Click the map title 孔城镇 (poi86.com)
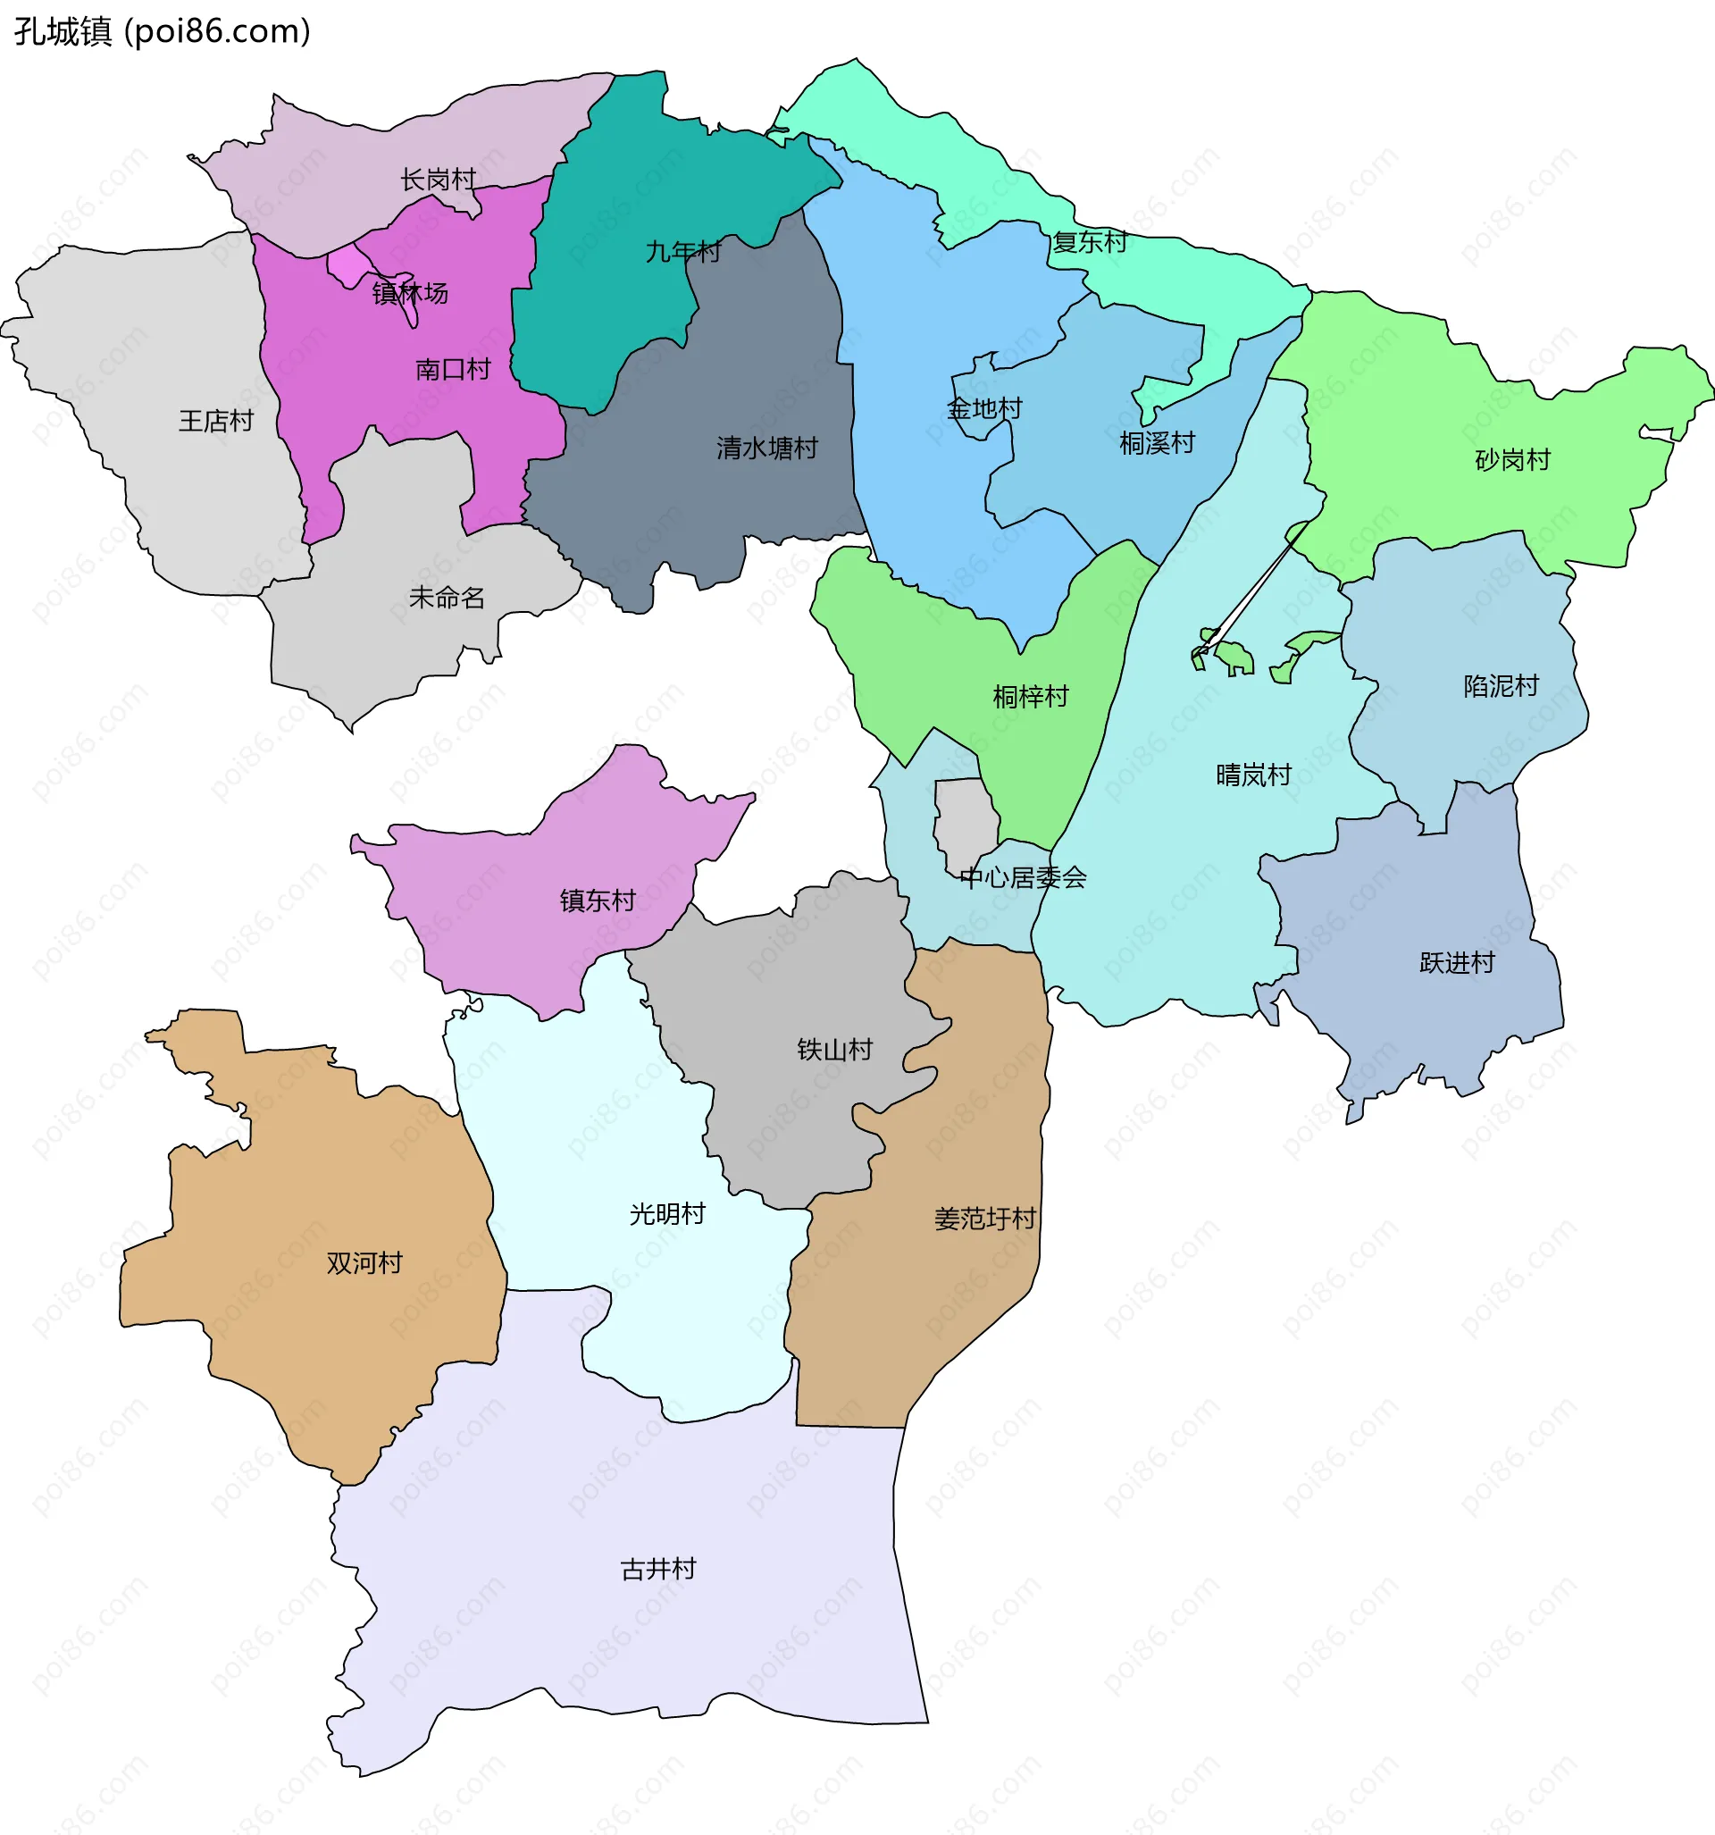[x=163, y=31]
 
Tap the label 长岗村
[x=438, y=179]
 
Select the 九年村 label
[x=683, y=251]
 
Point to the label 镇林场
[x=410, y=294]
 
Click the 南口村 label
[x=452, y=369]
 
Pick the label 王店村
[x=216, y=421]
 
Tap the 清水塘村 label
[x=767, y=448]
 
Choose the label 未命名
[x=447, y=599]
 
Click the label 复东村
[x=1090, y=242]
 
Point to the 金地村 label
[x=985, y=408]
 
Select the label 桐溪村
[x=1157, y=443]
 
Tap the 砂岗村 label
[x=1513, y=460]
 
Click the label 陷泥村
[x=1501, y=686]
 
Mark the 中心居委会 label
[x=1023, y=878]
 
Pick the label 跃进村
[x=1457, y=963]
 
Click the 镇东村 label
[x=598, y=900]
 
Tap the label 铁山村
[x=834, y=1050]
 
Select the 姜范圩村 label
[x=985, y=1219]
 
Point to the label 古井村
[x=658, y=1569]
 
